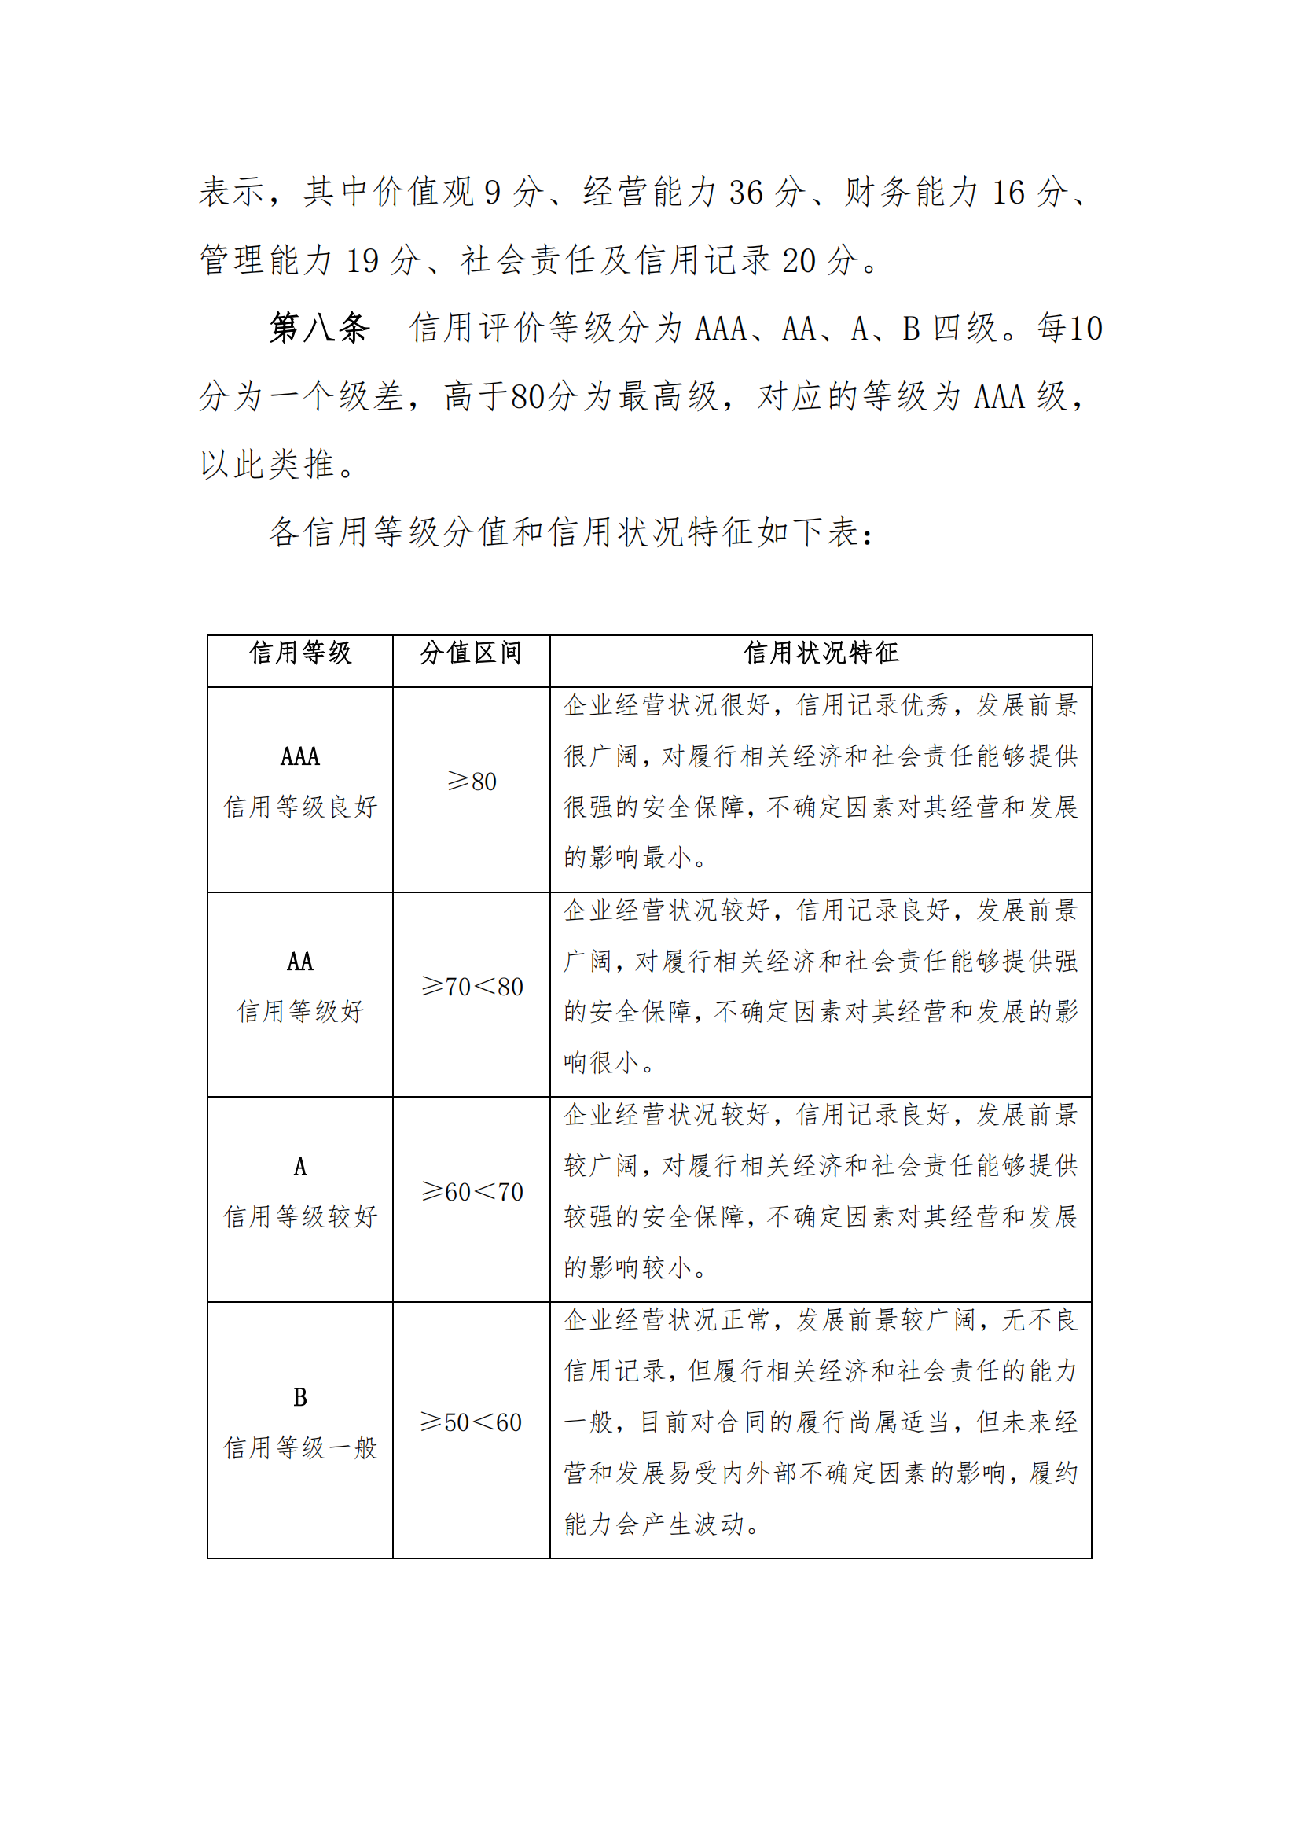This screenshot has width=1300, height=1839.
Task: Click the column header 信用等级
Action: coord(300,653)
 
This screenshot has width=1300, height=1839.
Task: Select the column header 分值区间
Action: coord(471,653)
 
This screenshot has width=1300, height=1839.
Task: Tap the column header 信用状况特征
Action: coord(821,653)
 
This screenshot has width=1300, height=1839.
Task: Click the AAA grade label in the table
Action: coord(300,756)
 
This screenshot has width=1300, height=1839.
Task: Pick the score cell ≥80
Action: coord(472,781)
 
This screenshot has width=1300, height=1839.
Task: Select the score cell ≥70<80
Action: coord(472,986)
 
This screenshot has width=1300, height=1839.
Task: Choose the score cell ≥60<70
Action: coord(472,1191)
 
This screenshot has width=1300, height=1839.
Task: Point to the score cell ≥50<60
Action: coord(472,1422)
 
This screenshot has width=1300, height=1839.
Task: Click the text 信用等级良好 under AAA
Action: coord(300,807)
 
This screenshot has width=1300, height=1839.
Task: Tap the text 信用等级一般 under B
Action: coord(300,1447)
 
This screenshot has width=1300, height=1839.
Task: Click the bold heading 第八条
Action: coord(319,329)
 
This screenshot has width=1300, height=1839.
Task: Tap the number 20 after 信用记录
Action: coord(799,261)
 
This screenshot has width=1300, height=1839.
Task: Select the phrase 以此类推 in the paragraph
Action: coord(267,465)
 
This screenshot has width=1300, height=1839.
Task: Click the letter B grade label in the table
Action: coord(300,1397)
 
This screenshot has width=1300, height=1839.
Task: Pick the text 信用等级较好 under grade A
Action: coord(300,1216)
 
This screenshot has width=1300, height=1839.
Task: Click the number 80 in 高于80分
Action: coord(528,396)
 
